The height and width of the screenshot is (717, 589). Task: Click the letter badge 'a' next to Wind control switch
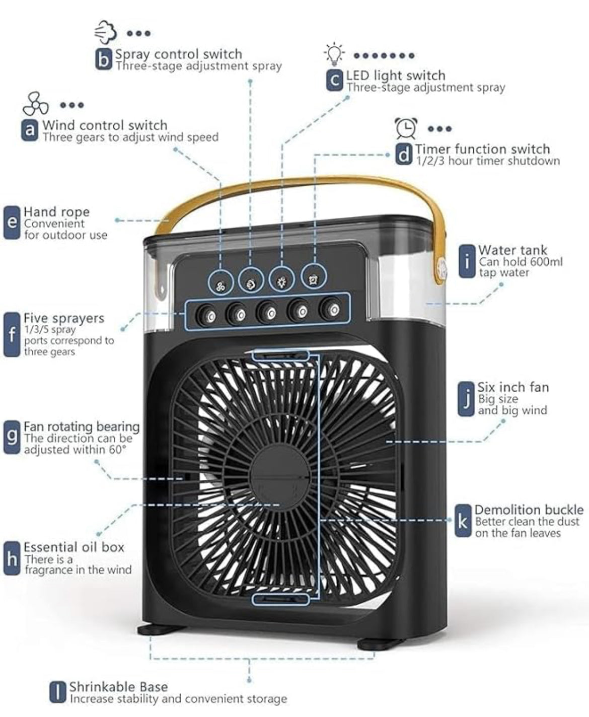pos(30,130)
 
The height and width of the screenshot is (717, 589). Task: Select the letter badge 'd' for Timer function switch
pos(404,155)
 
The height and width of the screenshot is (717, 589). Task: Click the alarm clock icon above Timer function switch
pos(406,128)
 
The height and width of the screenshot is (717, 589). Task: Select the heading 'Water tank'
pos(512,250)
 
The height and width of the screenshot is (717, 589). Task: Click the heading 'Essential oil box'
pos(74,547)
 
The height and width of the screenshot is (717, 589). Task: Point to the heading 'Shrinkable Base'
pos(118,686)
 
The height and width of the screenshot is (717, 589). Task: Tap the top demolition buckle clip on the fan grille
pos(281,355)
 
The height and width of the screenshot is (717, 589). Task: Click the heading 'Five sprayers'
pos(63,318)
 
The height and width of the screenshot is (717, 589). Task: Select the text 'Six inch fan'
pos(513,387)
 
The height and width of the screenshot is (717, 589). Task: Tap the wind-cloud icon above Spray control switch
pos(106,32)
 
